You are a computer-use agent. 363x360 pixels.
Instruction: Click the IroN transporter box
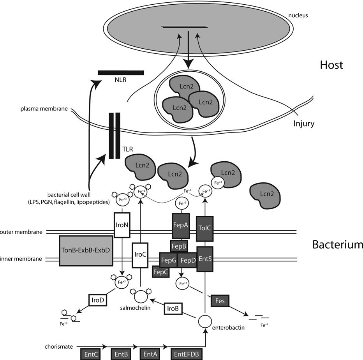click(x=122, y=225)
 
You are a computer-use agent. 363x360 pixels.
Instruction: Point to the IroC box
click(x=139, y=255)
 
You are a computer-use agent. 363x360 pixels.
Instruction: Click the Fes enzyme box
click(x=220, y=301)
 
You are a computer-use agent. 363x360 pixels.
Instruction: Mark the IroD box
click(x=97, y=301)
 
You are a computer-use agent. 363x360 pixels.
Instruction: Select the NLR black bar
click(x=121, y=73)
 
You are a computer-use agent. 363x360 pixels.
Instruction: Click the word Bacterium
click(x=337, y=245)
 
